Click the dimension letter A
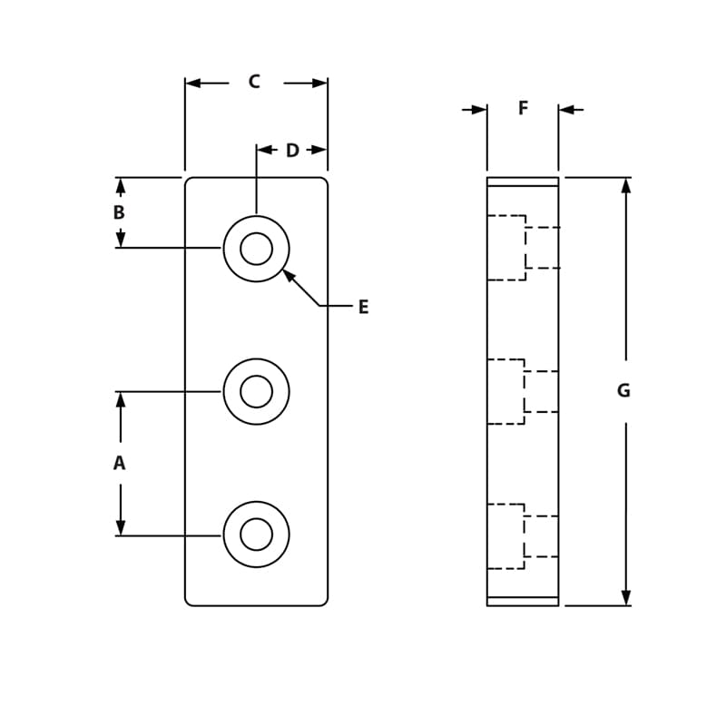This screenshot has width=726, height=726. [x=119, y=464]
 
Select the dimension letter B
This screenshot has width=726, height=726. [x=119, y=213]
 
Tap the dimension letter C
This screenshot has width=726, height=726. [x=254, y=83]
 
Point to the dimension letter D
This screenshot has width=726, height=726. [x=292, y=151]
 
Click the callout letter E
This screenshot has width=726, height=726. [x=363, y=308]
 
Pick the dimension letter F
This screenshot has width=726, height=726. [x=523, y=109]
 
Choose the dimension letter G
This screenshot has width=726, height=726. [x=623, y=391]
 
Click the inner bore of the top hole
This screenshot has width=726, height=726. [x=256, y=249]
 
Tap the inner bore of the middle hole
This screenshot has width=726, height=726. [x=256, y=392]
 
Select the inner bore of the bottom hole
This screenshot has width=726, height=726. [x=256, y=535]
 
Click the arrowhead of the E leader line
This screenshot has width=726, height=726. [x=288, y=274]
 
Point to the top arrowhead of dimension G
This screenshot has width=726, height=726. [x=625, y=185]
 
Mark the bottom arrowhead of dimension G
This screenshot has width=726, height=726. [x=625, y=597]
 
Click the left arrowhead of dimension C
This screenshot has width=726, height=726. [x=193, y=83]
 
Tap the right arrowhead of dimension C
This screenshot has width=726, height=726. [x=319, y=83]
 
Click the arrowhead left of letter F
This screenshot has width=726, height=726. [x=479, y=110]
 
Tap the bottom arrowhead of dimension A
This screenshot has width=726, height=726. [x=120, y=527]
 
